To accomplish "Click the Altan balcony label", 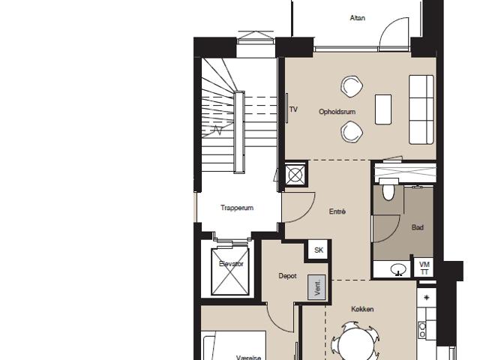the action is coord(357,18).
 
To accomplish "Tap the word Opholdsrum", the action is coord(337,112).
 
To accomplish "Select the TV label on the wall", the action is coord(293,109).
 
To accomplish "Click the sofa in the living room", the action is coord(421,109).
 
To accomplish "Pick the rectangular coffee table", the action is coord(383,109).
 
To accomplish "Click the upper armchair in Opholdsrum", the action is coord(352,87).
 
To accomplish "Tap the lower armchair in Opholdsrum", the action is coord(352,132).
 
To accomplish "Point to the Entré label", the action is coord(337,211).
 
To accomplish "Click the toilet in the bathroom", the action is coord(388,189).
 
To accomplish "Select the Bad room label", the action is coord(418,227).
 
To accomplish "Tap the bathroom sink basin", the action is coord(398,270).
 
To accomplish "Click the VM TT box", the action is coord(424,268).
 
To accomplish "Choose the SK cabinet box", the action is coord(318,250).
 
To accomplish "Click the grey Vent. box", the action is coord(316,286).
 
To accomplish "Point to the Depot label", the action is coord(287,276).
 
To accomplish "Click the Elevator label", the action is coord(231,263).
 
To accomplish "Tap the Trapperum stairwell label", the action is coord(237,208).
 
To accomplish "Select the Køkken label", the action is coord(362,309).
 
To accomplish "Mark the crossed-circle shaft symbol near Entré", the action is coord(295,175).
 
